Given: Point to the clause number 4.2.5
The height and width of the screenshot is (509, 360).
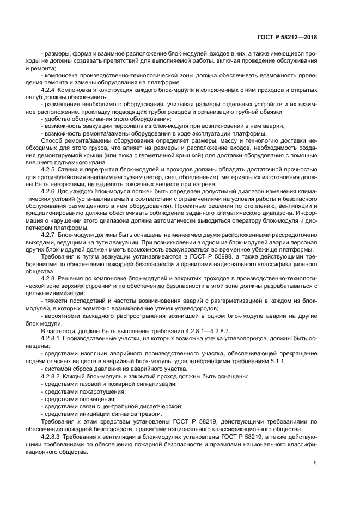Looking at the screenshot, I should point(50,170).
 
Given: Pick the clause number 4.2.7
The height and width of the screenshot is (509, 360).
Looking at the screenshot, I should point(50,250).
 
